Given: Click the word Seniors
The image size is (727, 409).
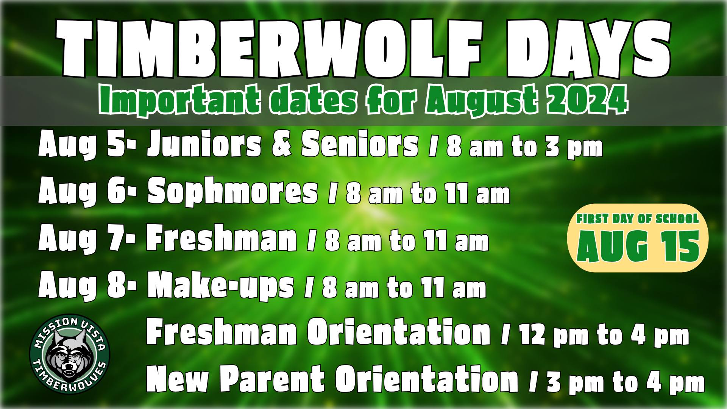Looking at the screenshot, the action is (360, 145).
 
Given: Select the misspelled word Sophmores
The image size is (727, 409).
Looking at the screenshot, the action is (232, 192).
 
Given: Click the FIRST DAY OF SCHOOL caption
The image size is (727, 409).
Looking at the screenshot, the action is (638, 219).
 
